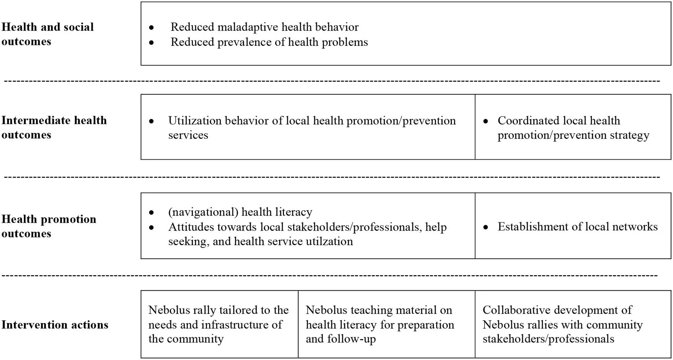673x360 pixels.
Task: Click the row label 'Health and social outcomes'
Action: tap(47, 34)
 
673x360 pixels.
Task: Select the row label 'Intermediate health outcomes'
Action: tap(54, 127)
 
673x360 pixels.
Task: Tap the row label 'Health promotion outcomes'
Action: tap(49, 226)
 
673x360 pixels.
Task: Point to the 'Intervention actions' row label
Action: tap(55, 324)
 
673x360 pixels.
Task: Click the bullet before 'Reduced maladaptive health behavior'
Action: tap(151, 28)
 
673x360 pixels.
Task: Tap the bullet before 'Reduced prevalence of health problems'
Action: tap(151, 43)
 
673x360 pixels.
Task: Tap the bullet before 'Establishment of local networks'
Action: tap(486, 227)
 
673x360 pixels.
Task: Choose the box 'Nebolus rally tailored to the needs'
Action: tap(219, 324)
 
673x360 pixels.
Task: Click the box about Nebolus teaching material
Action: tap(386, 324)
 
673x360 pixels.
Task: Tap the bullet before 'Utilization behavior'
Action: tap(151, 122)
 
